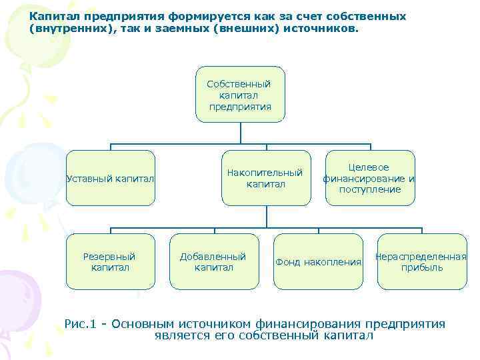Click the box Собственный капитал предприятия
pos(240,94)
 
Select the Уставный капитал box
pos(111,178)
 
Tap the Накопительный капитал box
pos(267,178)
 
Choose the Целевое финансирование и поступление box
pos(369,178)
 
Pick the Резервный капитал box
pos(109,261)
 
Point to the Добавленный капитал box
pos(214,261)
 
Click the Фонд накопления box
pos(318,261)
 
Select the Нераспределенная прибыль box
pos(421,261)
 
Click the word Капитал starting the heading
pos(52,16)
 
